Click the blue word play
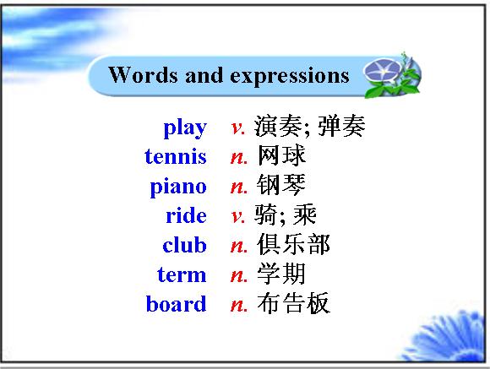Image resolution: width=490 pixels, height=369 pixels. (185, 128)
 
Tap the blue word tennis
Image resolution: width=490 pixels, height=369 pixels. (176, 156)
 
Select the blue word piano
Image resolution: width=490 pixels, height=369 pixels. (178, 187)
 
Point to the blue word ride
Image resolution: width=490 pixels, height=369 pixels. (186, 215)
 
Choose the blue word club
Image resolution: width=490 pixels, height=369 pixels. (184, 244)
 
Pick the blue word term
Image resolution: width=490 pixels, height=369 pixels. (182, 274)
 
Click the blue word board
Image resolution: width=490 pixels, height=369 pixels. (177, 303)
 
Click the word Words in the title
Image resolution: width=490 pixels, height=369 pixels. (144, 74)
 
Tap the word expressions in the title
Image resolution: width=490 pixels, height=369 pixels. (290, 77)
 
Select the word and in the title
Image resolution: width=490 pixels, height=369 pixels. (204, 75)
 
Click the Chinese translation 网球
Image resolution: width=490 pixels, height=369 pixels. (281, 155)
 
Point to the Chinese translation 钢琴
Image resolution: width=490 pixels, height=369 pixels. (281, 185)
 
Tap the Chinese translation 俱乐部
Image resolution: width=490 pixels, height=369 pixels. (293, 244)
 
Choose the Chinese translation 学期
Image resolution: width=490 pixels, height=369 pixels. (281, 274)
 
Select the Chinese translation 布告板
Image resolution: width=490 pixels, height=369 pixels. (293, 303)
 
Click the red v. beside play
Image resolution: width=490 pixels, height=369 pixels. (238, 128)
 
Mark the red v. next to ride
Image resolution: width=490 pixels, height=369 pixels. (238, 216)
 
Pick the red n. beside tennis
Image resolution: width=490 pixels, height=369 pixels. (239, 157)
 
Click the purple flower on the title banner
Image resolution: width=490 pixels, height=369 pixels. (382, 71)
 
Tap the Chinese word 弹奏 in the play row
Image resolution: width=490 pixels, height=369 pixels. (341, 126)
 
